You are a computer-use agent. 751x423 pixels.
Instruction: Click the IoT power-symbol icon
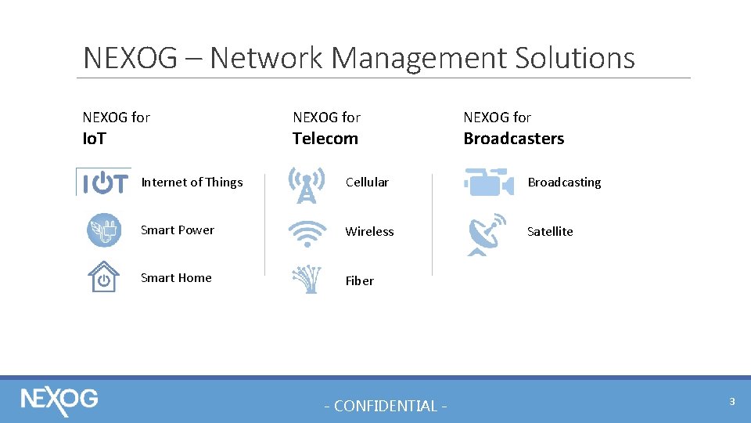[104, 183]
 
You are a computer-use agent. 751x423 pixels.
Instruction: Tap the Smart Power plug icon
[103, 230]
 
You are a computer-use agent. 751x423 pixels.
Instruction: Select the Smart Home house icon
[103, 277]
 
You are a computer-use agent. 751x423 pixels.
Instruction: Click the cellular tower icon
[307, 185]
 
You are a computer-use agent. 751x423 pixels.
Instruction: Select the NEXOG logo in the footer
[59, 399]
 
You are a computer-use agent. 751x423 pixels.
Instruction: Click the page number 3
[731, 401]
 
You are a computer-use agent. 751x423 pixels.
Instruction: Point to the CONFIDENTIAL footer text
[386, 406]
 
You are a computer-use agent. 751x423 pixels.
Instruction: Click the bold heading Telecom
[325, 139]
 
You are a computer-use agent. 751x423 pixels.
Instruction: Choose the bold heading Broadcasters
[513, 139]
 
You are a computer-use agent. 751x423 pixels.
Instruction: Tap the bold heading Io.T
[94, 139]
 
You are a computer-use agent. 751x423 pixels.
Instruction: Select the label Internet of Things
[192, 183]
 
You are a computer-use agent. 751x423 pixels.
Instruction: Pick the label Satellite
[550, 231]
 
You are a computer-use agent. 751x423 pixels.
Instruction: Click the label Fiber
[359, 280]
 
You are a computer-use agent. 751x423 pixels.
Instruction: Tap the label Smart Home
[176, 277]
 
